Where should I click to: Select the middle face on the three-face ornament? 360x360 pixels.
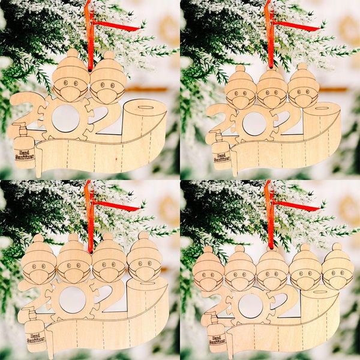[x=272, y=94]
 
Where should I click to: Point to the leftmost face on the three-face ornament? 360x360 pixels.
[x=240, y=95]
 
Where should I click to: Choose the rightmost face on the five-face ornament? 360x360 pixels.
[x=338, y=273]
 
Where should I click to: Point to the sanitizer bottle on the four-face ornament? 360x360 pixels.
[x=35, y=328]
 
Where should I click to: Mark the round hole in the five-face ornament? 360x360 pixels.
[x=250, y=305]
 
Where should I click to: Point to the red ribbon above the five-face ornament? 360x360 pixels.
[x=271, y=216]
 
